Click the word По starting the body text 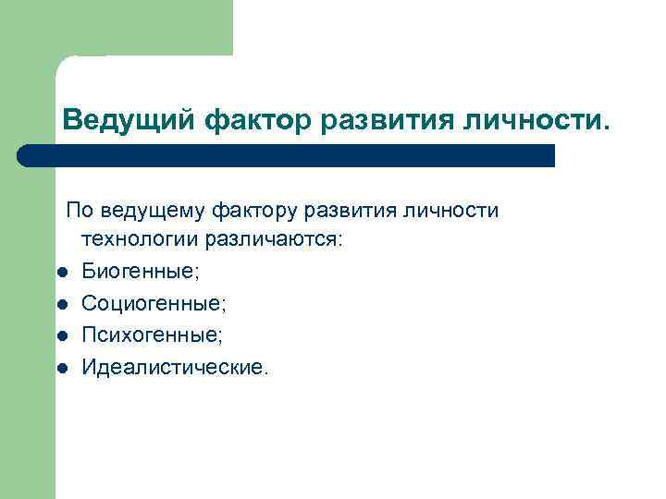coord(79,211)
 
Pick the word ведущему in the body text coord(153,212)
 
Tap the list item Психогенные coord(152,335)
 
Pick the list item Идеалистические coord(176,368)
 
